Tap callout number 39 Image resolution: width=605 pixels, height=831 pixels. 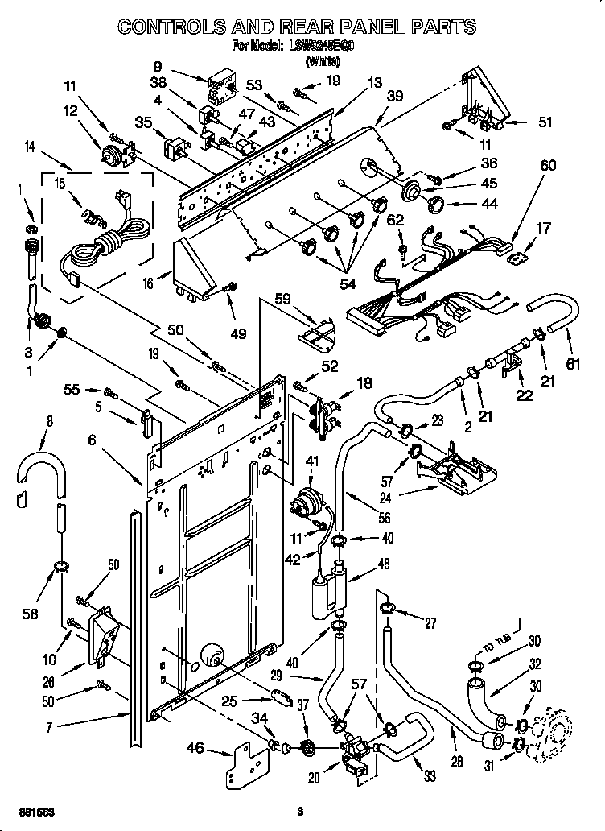click(393, 96)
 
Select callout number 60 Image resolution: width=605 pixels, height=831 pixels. click(548, 165)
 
